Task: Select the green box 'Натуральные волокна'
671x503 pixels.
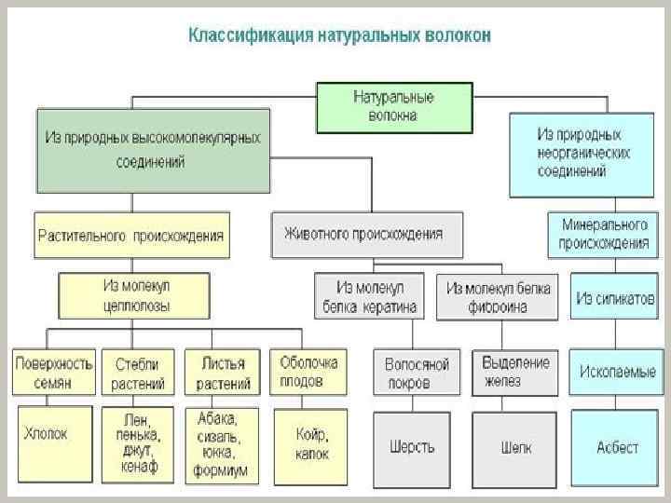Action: pyautogui.click(x=393, y=106)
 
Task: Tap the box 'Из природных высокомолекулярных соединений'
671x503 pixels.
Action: pyautogui.click(x=154, y=149)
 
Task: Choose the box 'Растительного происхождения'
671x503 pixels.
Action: pyautogui.click(x=130, y=236)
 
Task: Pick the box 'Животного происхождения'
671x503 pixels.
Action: pyautogui.click(x=366, y=235)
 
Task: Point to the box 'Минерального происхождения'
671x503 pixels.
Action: pyautogui.click(x=603, y=235)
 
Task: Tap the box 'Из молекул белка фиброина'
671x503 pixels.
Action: pyautogui.click(x=499, y=297)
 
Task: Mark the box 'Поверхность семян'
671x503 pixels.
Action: pyautogui.click(x=54, y=372)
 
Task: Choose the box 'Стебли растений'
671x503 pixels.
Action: pyautogui.click(x=138, y=372)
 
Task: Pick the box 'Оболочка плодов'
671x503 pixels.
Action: pyautogui.click(x=308, y=370)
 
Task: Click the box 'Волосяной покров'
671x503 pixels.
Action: pyautogui.click(x=418, y=372)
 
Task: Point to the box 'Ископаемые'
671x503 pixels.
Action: pyautogui.click(x=617, y=371)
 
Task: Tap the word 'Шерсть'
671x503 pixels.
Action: pyautogui.click(x=413, y=446)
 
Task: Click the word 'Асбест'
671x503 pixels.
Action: pyautogui.click(x=617, y=447)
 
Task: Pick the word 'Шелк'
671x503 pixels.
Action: pyautogui.click(x=515, y=446)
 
